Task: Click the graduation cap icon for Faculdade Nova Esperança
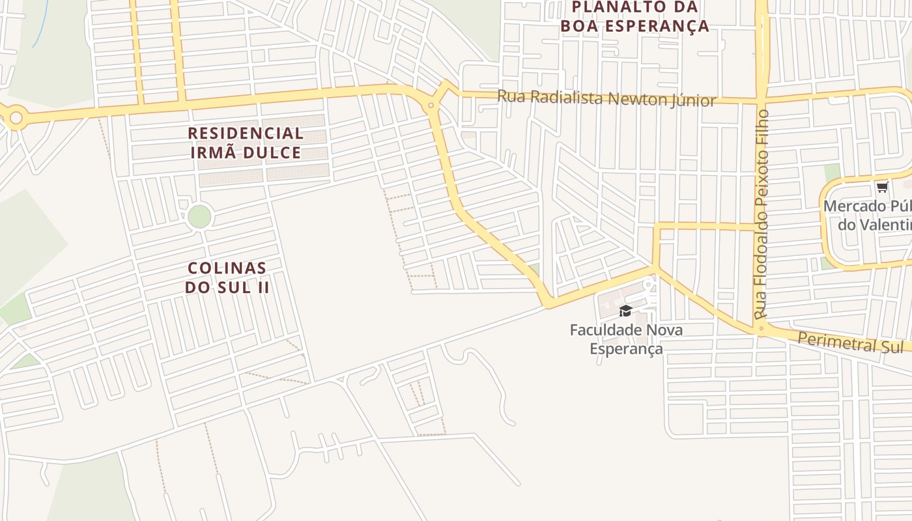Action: click(x=625, y=311)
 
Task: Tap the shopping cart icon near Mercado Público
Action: click(x=882, y=188)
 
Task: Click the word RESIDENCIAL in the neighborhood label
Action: click(x=246, y=134)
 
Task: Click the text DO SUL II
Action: click(x=227, y=287)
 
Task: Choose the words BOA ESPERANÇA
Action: click(x=634, y=27)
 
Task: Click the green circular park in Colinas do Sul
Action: click(x=199, y=216)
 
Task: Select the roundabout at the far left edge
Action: click(x=16, y=118)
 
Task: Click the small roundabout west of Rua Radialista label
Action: click(x=431, y=105)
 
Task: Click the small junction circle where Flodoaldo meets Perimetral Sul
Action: click(x=761, y=328)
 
